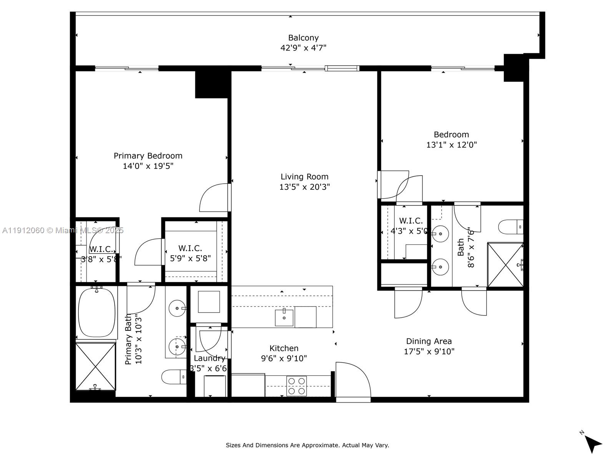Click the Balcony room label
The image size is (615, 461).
tap(303, 38)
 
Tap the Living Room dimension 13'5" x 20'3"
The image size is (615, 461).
tap(304, 187)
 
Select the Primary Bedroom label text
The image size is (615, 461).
tap(148, 156)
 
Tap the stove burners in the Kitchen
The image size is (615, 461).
tap(297, 386)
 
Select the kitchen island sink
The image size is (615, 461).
tap(284, 317)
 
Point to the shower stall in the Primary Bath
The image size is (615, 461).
tap(95, 366)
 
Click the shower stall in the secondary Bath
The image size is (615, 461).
tap(505, 264)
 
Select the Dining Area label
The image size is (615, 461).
tap(429, 341)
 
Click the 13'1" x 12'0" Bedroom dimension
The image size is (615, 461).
tap(451, 145)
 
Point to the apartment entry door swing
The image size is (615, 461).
tap(353, 380)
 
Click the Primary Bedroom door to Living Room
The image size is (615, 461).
tap(215, 198)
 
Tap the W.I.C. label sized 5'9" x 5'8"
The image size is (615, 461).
tap(190, 249)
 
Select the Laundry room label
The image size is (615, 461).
tap(209, 358)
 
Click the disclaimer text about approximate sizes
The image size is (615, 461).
tap(307, 445)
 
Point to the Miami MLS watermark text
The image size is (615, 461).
tap(63, 230)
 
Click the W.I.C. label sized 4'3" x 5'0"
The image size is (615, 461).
tap(411, 221)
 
